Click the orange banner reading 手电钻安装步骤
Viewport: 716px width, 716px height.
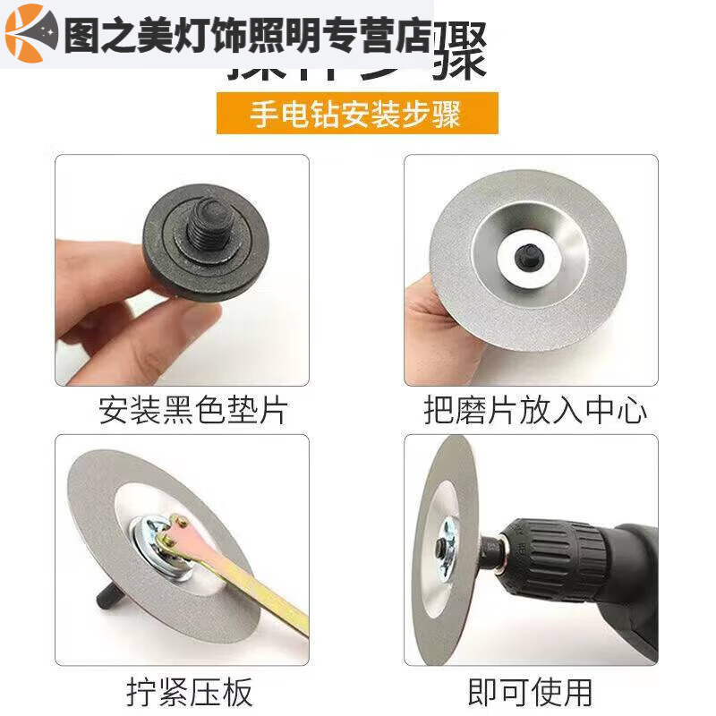tap(356, 114)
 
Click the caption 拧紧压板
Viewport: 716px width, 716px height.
tap(190, 690)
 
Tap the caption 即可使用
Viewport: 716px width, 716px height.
tap(530, 690)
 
